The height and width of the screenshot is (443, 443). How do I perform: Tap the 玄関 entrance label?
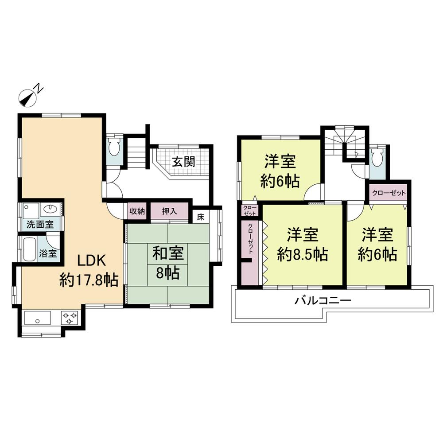coord(183,161)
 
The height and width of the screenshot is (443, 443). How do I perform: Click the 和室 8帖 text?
coord(167,263)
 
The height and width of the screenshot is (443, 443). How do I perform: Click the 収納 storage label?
coord(137,211)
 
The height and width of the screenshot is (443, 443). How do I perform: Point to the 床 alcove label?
coord(201,217)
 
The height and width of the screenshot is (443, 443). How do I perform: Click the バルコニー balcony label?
coord(323,301)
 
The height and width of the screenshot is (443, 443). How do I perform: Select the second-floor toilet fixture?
coord(377,158)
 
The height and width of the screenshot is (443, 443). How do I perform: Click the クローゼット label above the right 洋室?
coord(389,193)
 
